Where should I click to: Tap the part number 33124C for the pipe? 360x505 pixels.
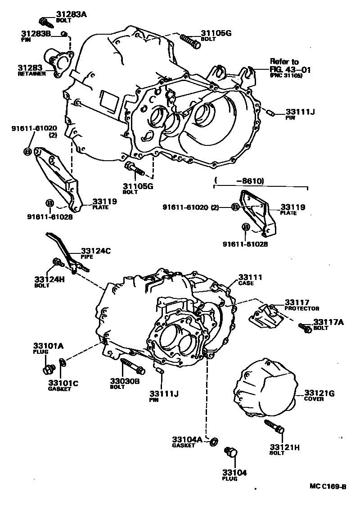(95, 251)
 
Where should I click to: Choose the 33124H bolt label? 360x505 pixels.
(49, 279)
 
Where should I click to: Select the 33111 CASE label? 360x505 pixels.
(250, 278)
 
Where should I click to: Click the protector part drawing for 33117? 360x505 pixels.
(265, 317)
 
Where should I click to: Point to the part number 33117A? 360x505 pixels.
(328, 322)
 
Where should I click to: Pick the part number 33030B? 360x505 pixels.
(125, 381)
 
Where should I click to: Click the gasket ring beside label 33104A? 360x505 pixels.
(215, 440)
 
